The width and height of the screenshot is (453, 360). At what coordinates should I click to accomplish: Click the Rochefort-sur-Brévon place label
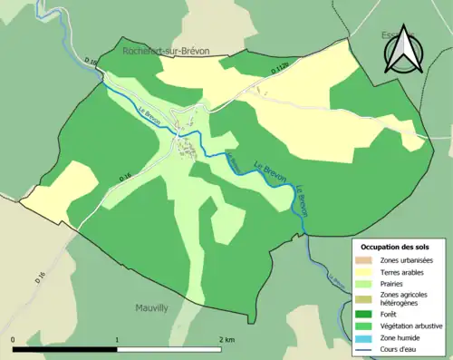(x=166, y=53)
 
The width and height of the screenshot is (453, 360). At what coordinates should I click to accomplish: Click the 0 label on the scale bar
(x=14, y=340)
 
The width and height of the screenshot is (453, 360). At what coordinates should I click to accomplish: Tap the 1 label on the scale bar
(x=117, y=340)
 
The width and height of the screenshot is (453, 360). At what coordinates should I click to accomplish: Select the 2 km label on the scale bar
(x=227, y=340)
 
